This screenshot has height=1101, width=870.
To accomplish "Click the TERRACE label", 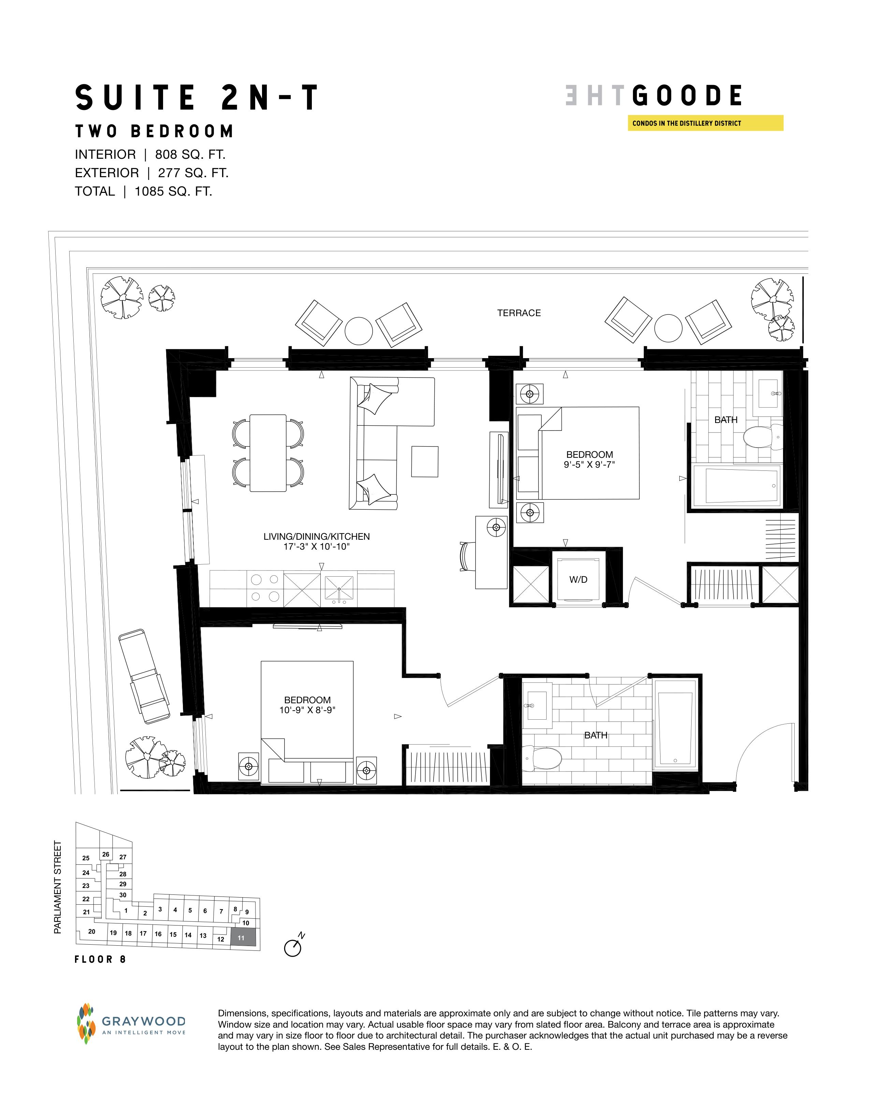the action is point(519,313).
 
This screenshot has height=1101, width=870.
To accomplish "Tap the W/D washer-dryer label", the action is point(578,580).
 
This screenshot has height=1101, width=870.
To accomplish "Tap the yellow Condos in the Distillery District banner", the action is point(705,123).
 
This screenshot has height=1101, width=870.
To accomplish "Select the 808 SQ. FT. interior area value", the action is point(190,154).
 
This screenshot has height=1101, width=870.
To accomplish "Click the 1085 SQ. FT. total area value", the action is point(173,192).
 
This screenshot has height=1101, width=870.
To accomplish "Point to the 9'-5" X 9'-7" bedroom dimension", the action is point(589,464).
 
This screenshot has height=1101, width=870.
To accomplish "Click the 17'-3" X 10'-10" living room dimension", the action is point(317,547).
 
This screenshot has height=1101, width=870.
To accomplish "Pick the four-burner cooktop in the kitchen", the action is point(265,588).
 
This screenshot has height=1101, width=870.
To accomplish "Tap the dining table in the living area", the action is point(268,453).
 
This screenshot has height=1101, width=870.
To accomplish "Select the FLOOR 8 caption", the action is point(100,959).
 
